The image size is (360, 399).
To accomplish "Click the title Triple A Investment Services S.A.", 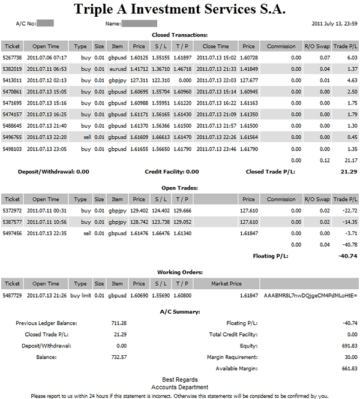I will pos(180,10).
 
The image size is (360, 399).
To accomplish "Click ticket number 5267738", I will pos(12,58).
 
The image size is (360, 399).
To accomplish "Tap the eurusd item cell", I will pos(117,69).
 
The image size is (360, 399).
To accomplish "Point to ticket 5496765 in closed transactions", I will pos(12,137).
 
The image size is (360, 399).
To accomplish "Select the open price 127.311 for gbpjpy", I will pos(139,80).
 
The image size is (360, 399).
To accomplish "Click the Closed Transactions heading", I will pos(179,35).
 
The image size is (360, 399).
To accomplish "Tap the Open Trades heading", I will pos(180,188).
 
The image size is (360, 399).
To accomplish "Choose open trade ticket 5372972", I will pos(12,211).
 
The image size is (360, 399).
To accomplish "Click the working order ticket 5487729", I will pos(12,296).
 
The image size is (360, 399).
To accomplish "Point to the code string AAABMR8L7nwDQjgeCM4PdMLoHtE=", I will pos(310,296).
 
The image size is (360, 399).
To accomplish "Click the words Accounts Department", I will pos(180,388).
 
